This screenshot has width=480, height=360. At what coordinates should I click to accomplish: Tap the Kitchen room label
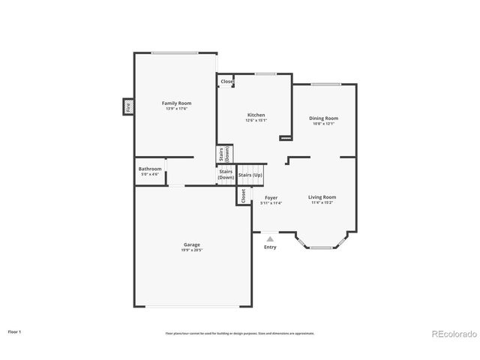click(x=256, y=115)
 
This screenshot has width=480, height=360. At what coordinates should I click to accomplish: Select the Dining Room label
click(x=324, y=118)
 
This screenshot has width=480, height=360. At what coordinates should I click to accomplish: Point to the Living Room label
click(x=322, y=196)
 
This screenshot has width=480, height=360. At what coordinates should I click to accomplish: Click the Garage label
click(x=192, y=244)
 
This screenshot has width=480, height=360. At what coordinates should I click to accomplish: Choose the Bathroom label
click(x=150, y=169)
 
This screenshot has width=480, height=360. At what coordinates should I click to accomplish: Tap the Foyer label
click(x=271, y=197)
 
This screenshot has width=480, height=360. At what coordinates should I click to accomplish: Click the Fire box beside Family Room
click(x=128, y=107)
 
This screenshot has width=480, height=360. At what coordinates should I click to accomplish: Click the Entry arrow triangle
click(x=270, y=239)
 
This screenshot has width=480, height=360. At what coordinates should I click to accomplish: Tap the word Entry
click(x=270, y=247)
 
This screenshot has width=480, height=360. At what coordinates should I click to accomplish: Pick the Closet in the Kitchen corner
click(x=226, y=81)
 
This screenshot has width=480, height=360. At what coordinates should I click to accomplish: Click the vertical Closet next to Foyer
click(x=243, y=195)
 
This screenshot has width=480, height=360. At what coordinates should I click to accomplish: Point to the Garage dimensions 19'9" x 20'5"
click(x=192, y=250)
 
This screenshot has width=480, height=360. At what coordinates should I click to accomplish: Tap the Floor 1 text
click(x=15, y=331)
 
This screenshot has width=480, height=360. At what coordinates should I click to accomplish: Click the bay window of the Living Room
click(x=322, y=244)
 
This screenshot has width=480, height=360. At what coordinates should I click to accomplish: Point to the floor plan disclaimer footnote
click(x=240, y=333)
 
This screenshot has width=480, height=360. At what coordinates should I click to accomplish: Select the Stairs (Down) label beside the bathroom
click(x=226, y=174)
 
